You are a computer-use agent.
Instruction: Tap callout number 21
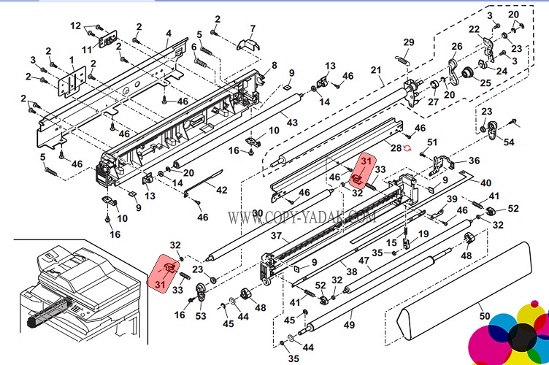(x=376, y=70)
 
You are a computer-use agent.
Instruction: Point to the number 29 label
(x=408, y=42)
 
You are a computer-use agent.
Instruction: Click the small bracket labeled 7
(x=247, y=43)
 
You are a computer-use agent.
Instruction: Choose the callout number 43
(x=292, y=122)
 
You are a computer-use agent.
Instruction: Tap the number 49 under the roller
(x=348, y=324)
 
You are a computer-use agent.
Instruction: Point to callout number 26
(x=457, y=47)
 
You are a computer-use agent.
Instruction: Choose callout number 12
(x=76, y=26)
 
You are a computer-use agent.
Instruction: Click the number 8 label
(x=274, y=66)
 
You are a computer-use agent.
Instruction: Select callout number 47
(x=363, y=260)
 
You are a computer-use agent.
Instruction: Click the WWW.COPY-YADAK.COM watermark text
(x=301, y=218)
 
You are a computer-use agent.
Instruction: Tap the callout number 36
(x=474, y=161)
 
